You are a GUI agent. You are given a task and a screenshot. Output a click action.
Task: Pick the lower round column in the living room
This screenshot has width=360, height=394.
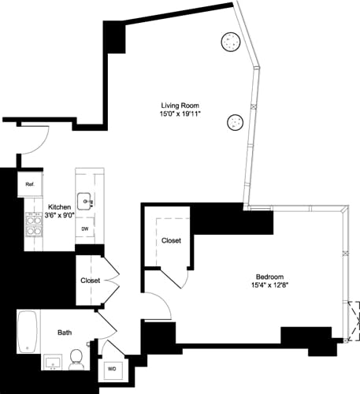235,122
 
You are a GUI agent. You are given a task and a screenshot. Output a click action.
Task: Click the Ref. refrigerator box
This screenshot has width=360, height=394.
30,184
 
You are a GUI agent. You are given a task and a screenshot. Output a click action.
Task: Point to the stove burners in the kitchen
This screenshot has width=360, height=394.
34,227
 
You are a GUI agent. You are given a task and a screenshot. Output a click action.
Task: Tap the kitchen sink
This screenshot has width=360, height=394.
85,202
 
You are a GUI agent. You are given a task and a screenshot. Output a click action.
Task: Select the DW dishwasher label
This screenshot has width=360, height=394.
85,229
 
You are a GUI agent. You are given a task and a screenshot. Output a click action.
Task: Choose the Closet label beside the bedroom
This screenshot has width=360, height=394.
172,240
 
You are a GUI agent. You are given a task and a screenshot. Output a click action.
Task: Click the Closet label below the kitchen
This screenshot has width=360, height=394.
91,280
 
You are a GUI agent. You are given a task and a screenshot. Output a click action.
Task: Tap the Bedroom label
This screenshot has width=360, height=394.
270,276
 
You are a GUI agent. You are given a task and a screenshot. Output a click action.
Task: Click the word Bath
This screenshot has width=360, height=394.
65,333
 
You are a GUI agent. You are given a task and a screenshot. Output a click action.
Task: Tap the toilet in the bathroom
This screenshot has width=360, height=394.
77,359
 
